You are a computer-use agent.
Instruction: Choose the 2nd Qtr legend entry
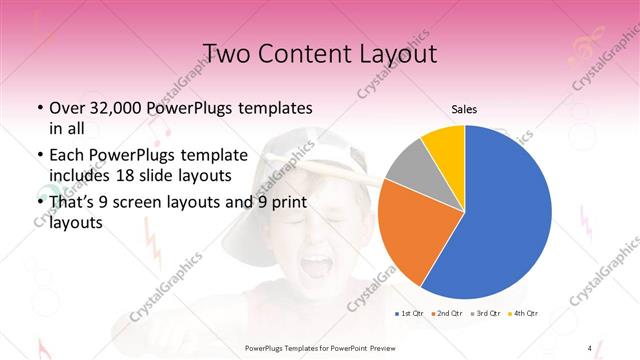[x=448, y=314]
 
